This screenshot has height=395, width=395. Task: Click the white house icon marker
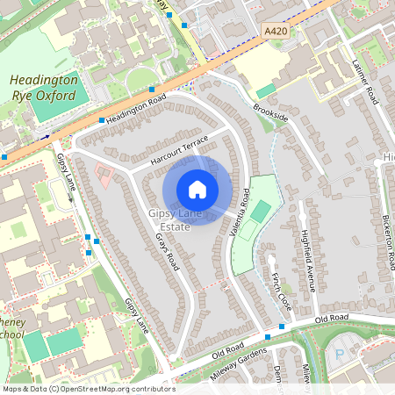click(x=197, y=190)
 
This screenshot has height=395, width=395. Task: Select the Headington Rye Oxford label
click(x=44, y=87)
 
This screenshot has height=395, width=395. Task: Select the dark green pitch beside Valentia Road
click(x=260, y=212)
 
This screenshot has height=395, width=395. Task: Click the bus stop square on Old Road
click(x=281, y=327)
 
